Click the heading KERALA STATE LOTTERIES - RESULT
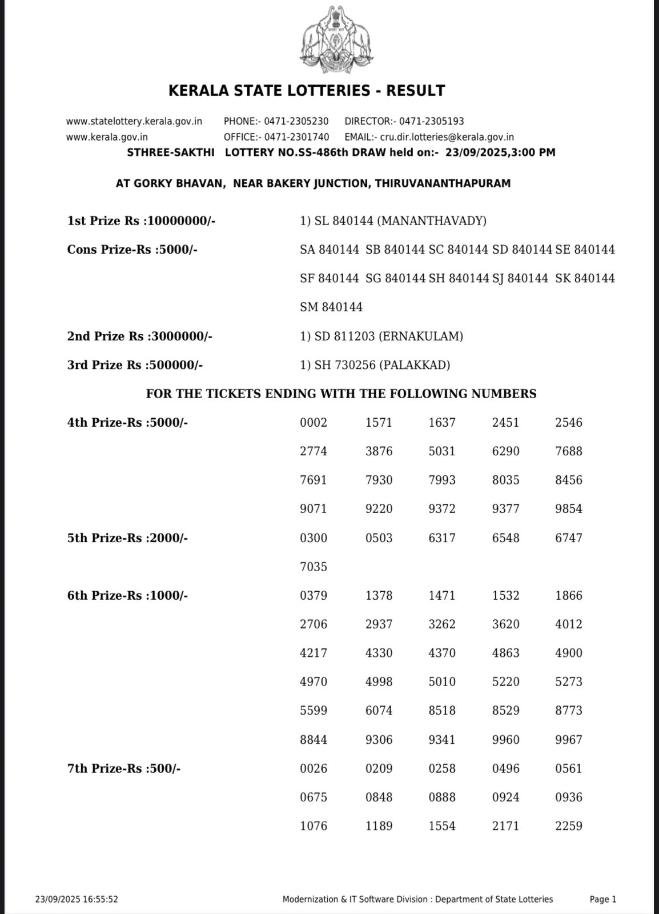pos(307,91)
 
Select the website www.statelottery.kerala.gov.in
pos(134,121)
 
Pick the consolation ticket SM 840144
pos(331,307)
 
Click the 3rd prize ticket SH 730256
pos(344,365)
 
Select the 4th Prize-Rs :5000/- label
pos(127,423)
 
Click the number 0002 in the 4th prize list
pos(314,423)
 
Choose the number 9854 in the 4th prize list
pos(569,509)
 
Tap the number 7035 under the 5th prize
pos(314,567)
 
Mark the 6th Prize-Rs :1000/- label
pos(127,596)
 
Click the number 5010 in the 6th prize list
pos(442,682)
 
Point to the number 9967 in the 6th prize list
pos(569,740)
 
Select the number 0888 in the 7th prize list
pos(442,797)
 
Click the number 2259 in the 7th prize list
pos(569,826)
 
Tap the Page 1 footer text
pos(603,899)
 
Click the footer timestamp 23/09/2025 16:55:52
pos(77,899)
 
